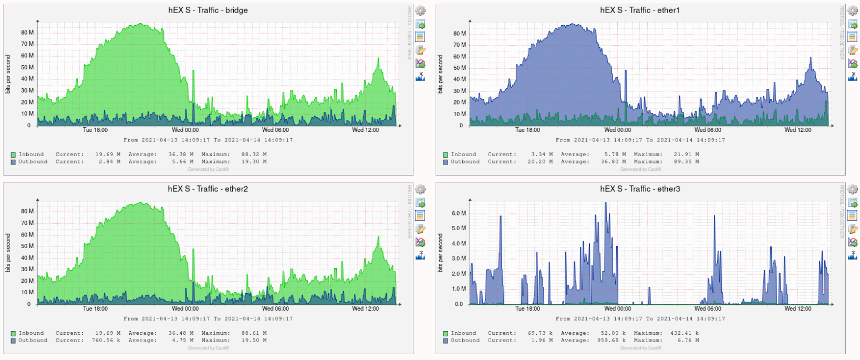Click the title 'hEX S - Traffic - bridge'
208,10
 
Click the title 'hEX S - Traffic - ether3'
640,189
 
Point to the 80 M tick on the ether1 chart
460,34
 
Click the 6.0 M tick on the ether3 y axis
459,213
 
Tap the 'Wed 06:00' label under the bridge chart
275,130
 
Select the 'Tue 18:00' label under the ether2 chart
95,308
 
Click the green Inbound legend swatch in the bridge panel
13,155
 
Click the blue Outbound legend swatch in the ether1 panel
445,162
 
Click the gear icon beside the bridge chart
420,11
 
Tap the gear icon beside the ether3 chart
853,189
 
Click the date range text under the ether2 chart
208,318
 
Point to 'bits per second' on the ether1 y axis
440,74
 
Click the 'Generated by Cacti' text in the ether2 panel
208,348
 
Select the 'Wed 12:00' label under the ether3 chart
797,308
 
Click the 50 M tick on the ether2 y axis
27,246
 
